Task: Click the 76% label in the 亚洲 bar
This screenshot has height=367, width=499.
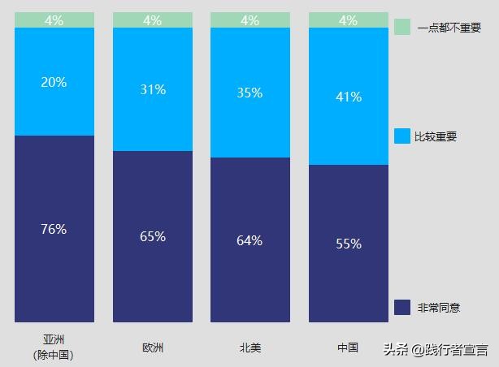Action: coord(54,229)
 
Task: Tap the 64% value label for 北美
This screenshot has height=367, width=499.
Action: coord(249,240)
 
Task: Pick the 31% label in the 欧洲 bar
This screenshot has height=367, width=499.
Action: coord(152,89)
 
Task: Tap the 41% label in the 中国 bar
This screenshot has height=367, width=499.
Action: coord(348,97)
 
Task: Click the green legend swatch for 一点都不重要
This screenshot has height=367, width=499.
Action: coord(402,28)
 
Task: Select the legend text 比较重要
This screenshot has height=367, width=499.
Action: coord(436,136)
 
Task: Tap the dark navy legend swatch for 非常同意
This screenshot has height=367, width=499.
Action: coord(402,307)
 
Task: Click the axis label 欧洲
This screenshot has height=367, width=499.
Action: coord(153,348)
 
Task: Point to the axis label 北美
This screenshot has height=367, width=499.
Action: coord(250,348)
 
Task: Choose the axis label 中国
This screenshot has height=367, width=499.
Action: coord(348,348)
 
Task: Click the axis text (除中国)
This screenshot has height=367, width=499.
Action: coord(54,355)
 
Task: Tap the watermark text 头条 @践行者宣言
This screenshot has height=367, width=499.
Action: coord(436,350)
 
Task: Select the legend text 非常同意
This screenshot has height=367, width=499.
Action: coord(439,308)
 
